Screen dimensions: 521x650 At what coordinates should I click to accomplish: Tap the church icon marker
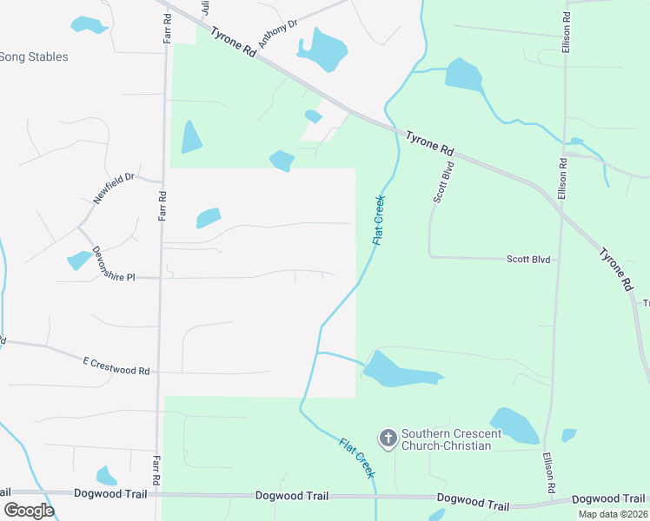tap(388, 438)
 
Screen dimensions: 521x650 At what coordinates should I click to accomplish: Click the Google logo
tap(29, 510)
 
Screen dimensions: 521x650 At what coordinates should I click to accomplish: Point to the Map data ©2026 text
tap(612, 514)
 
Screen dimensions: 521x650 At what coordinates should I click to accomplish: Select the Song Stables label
tap(33, 57)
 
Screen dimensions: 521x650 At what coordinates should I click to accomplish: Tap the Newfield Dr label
tap(114, 188)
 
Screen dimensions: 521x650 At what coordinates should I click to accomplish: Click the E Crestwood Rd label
tap(116, 365)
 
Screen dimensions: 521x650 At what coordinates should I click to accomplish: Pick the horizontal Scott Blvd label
tap(528, 259)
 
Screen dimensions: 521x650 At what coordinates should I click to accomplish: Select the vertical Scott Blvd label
tap(443, 181)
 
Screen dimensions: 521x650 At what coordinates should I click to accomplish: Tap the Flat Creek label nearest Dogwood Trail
tap(357, 457)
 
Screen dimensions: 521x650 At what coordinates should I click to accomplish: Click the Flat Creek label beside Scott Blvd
tap(379, 220)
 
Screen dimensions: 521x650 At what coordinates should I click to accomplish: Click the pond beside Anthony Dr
tap(322, 49)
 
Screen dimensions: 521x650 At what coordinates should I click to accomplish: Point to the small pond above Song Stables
tap(89, 24)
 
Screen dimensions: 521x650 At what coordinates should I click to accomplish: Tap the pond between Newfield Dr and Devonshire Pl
tap(79, 259)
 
